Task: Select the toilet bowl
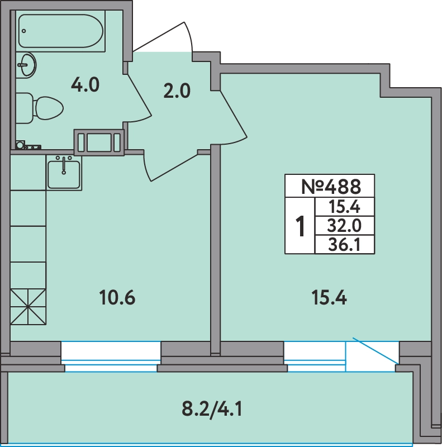coord(40,108)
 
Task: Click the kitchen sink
coord(64,173)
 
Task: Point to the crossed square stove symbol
coord(28,307)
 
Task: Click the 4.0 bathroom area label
coord(85,85)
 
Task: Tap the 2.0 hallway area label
coord(177,91)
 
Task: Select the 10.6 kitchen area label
coord(117,298)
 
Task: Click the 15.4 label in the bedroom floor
coord(329,298)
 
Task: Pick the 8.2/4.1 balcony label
coord(212,410)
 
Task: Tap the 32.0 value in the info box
coord(344,226)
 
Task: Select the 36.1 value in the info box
coord(344,245)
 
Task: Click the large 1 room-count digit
coord(300,226)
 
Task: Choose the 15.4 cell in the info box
coord(344,206)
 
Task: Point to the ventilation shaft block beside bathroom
coord(99,142)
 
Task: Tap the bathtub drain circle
coord(24,31)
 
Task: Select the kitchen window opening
coord(111,356)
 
